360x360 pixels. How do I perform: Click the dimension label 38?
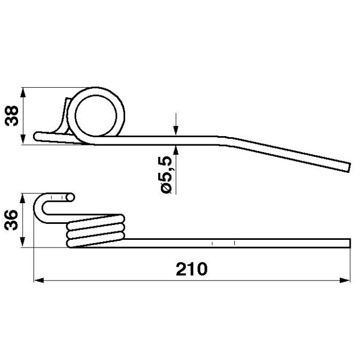pyautogui.click(x=12, y=115)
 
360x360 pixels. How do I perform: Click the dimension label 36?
pyautogui.click(x=12, y=221)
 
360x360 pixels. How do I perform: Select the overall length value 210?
pyautogui.click(x=191, y=269)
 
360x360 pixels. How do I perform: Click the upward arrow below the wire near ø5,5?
pyautogui.click(x=176, y=147)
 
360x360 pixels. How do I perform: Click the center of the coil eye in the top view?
pyautogui.click(x=97, y=114)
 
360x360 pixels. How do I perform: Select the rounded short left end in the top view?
pyautogui.click(x=37, y=136)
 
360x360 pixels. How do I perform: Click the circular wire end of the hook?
pyautogui.click(x=70, y=196)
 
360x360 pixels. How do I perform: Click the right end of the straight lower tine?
pyautogui.click(x=347, y=243)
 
